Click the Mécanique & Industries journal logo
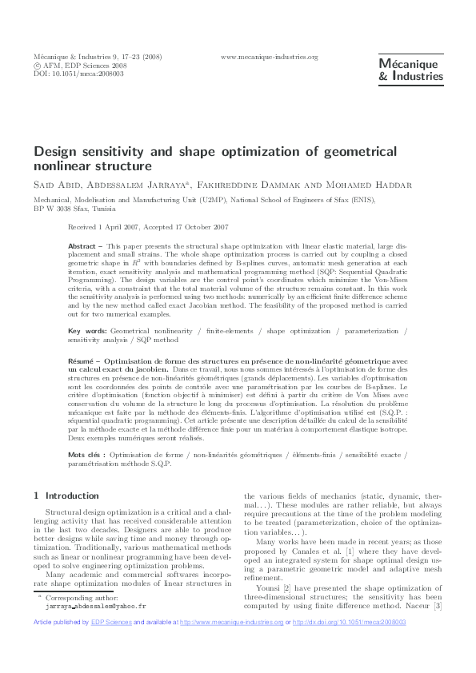(x=410, y=70)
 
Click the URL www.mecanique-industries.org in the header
(x=269, y=57)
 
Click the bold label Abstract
(x=84, y=247)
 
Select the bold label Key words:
(x=87, y=330)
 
